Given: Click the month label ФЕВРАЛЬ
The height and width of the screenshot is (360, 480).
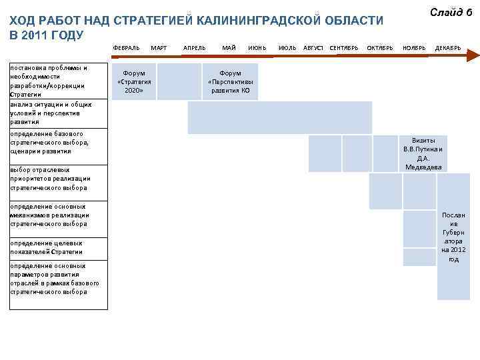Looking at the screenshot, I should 126,48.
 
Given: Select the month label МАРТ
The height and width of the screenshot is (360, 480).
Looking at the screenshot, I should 159,48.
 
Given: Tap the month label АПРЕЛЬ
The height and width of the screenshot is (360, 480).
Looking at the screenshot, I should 194,48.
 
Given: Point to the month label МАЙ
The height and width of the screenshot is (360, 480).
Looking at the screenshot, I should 229,48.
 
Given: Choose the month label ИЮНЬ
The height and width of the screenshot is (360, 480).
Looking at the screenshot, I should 257,48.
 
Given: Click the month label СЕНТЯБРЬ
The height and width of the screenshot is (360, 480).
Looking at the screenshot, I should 344,48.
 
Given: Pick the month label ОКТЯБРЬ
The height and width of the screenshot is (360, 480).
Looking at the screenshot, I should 380,48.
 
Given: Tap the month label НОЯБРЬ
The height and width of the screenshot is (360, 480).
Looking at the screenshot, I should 414,48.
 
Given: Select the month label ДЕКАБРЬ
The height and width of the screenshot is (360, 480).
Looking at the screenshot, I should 448,48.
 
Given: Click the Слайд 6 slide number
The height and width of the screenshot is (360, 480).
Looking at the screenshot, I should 451,12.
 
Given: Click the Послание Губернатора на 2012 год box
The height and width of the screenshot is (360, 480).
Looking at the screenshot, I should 453,237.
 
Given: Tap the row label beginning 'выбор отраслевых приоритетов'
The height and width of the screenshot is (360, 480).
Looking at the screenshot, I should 50,179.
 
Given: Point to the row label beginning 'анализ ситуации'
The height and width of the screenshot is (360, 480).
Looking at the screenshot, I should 50,113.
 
